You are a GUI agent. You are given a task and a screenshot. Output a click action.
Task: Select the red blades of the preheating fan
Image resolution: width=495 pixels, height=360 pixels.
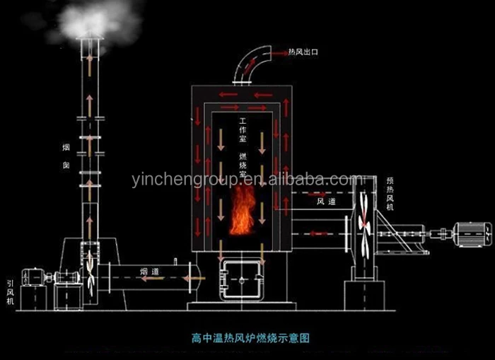point(363,223)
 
